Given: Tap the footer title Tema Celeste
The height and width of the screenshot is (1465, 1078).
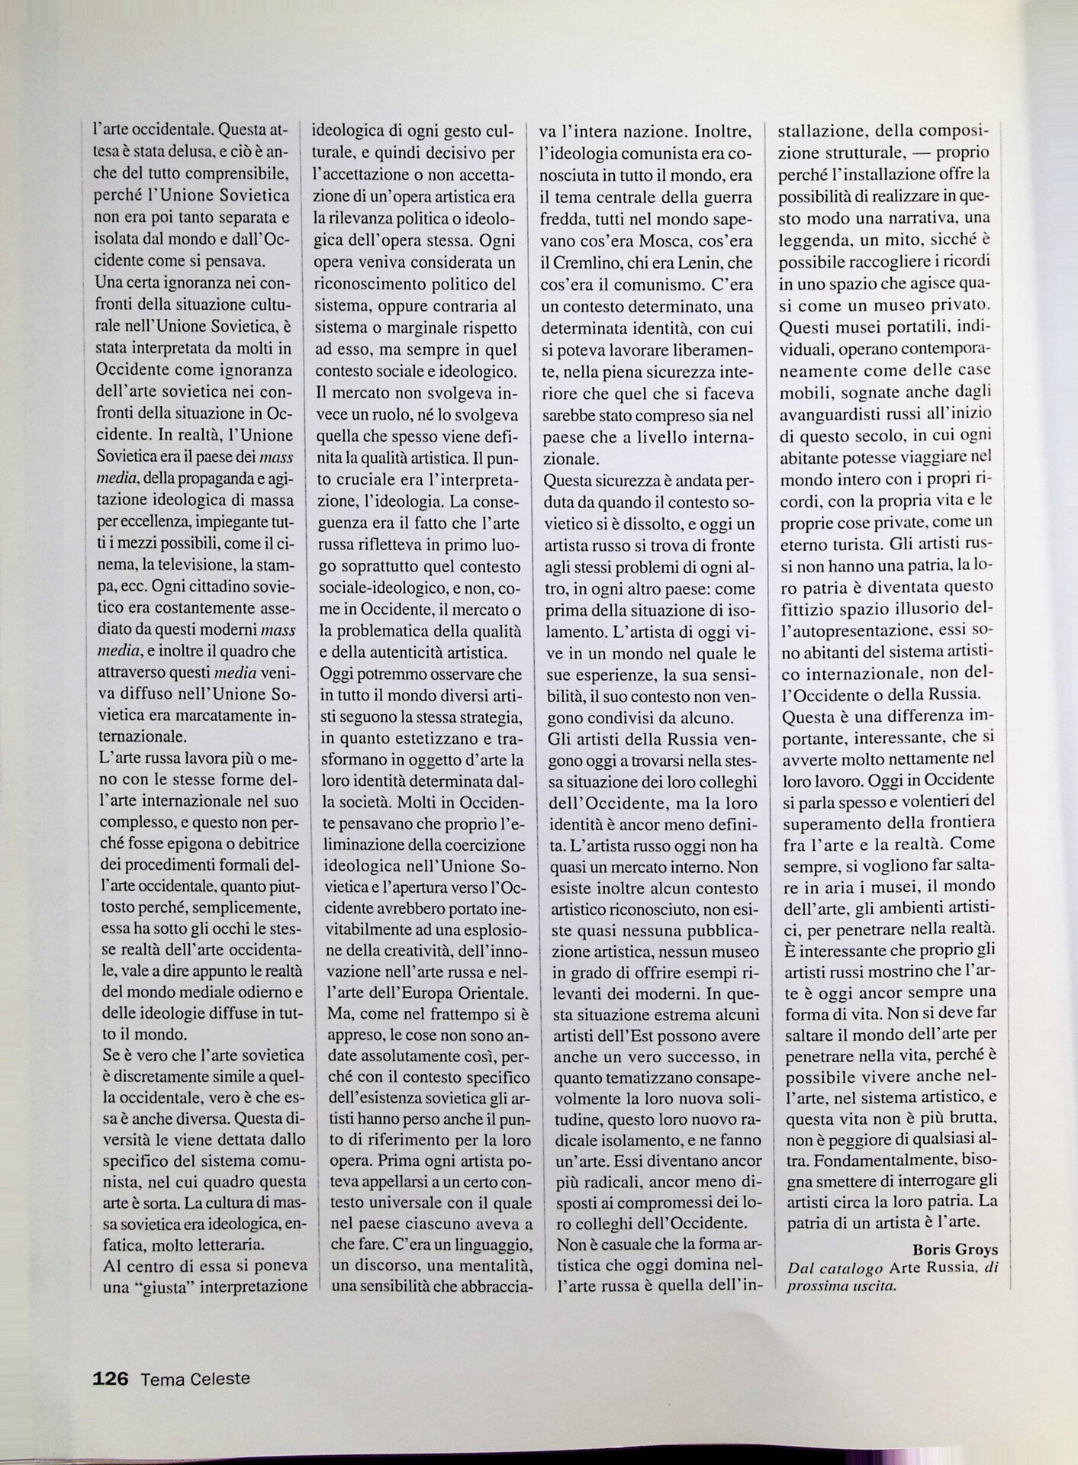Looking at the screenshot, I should pos(195,1379).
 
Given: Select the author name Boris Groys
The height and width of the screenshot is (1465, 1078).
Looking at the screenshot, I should pos(954,1250).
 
